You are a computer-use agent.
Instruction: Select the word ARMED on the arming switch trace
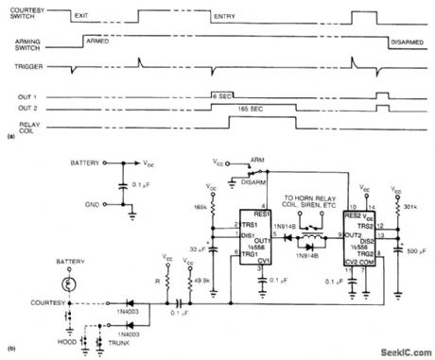(x=98, y=43)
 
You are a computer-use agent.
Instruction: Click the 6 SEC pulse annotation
(x=222, y=96)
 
